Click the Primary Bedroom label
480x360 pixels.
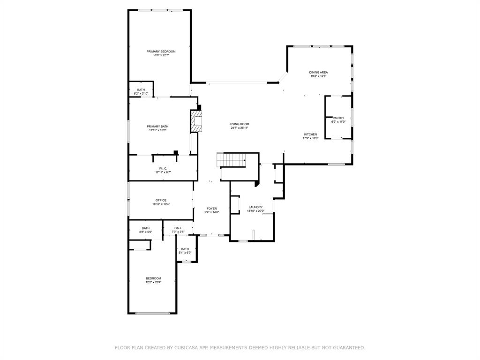[x=161, y=52]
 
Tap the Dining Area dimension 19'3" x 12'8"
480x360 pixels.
[x=318, y=76]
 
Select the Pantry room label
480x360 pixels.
[x=338, y=118]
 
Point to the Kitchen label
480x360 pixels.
[x=310, y=135]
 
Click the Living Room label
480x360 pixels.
[x=239, y=124]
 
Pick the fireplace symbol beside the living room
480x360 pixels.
[x=195, y=121]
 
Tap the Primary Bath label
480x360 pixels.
[x=157, y=127]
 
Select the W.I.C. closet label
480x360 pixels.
[x=163, y=169]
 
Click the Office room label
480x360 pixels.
[x=161, y=201]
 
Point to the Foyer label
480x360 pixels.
[x=212, y=209]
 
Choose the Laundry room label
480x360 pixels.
[x=255, y=207]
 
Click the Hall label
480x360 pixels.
[x=178, y=228]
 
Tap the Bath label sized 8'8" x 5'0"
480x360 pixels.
[x=146, y=228]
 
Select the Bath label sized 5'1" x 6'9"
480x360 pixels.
[x=185, y=249]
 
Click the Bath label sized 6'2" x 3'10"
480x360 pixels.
[x=141, y=90]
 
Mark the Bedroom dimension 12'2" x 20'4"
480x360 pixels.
[x=153, y=282]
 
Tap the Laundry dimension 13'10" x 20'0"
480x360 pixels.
[x=255, y=211]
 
